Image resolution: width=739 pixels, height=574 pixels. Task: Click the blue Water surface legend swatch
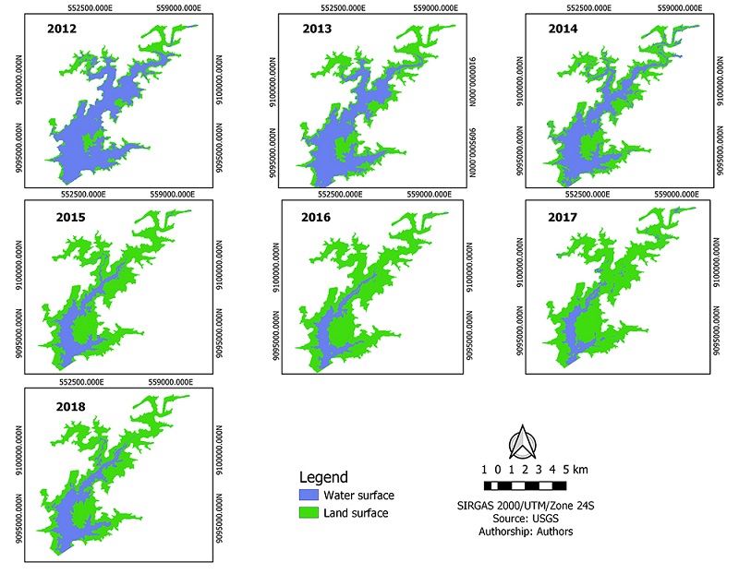click(309, 496)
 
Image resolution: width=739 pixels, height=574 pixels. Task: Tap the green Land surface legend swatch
click(309, 513)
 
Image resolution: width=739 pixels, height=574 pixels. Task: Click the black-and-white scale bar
click(524, 485)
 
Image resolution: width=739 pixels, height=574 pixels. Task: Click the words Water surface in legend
click(358, 496)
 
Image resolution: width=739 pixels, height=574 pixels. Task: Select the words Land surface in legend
click(356, 513)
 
